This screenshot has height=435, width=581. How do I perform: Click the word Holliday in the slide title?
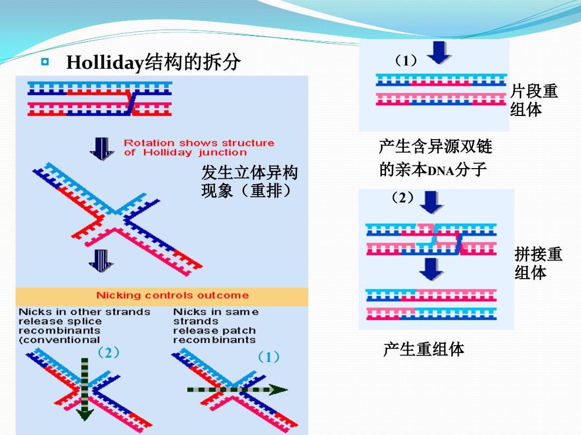105,62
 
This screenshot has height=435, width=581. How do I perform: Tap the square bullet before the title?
45,62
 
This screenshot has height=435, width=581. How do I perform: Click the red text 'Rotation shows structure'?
199,143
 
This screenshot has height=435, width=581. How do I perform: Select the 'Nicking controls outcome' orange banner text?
172,295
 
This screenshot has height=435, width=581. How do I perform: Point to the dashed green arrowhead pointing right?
278,389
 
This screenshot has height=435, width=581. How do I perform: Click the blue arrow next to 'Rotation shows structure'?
102,149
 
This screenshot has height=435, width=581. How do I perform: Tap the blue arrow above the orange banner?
101,261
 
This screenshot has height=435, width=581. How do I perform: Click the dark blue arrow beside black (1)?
439,52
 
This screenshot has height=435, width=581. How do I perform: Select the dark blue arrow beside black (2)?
431,202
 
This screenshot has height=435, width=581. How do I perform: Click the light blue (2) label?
108,352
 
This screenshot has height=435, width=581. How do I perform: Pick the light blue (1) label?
268,357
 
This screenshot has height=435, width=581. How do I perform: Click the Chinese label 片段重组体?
534,100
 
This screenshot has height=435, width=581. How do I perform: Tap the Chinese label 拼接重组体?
539,263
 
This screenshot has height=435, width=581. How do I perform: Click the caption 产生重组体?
423,349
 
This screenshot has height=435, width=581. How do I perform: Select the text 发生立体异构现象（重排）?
250,182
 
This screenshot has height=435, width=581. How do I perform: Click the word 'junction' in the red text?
222,153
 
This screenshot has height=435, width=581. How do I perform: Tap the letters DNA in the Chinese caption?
441,171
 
